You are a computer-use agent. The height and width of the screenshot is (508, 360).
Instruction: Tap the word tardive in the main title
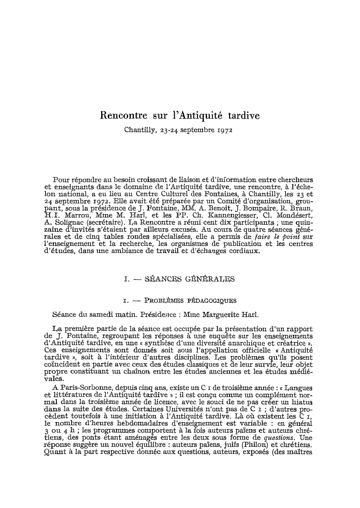click(241, 115)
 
